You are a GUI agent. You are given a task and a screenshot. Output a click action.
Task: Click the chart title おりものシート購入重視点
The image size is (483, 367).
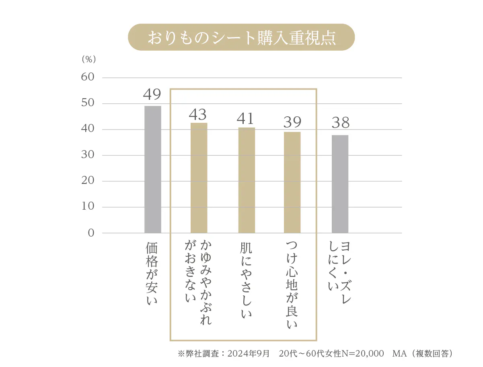pyautogui.click(x=241, y=37)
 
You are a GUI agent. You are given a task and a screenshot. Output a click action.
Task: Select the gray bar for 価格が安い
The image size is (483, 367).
pyautogui.click(x=153, y=169)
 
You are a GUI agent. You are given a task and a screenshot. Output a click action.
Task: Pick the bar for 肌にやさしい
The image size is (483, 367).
pyautogui.click(x=247, y=180)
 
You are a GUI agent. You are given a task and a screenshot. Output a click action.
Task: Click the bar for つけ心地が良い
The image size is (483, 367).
pyautogui.click(x=292, y=182)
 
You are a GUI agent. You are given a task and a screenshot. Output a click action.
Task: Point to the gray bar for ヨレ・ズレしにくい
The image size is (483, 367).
pyautogui.click(x=340, y=184)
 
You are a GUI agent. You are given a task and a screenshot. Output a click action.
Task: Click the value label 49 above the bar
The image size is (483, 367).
pyautogui.click(x=152, y=95)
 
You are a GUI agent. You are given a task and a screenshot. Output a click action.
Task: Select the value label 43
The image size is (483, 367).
pyautogui.click(x=198, y=115)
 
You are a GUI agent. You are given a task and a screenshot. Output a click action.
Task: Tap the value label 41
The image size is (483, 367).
pyautogui.click(x=246, y=119)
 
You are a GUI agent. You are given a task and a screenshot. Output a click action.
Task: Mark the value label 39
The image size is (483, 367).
pyautogui.click(x=292, y=122)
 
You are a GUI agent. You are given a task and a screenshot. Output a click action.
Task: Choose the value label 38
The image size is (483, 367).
pyautogui.click(x=340, y=123)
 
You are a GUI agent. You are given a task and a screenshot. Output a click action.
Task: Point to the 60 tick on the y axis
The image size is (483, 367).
pyautogui.click(x=88, y=77)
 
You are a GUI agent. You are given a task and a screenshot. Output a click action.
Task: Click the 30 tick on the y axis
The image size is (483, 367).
pyautogui.click(x=88, y=155)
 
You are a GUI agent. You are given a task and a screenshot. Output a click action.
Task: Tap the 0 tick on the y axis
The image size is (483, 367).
pyautogui.click(x=91, y=233)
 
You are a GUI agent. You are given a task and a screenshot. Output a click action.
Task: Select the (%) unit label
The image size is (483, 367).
pyautogui.click(x=89, y=59)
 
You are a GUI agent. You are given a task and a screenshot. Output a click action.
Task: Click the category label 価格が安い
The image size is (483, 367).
pyautogui.click(x=152, y=274)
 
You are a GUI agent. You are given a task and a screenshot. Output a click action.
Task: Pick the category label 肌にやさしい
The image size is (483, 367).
pyautogui.click(x=247, y=280)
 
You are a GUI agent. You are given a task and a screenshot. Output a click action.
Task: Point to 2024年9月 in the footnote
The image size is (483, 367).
pyautogui.click(x=249, y=354)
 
